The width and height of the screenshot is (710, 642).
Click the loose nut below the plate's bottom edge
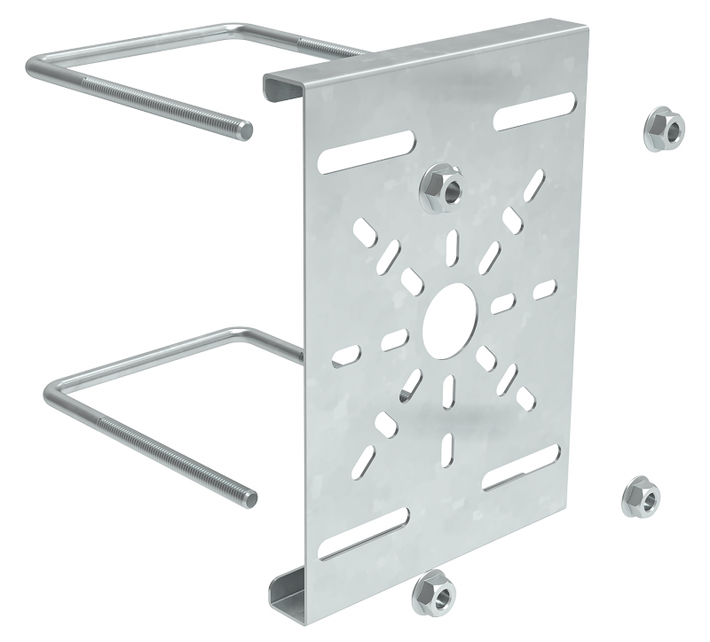(x=434, y=590)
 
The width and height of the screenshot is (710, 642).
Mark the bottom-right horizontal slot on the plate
(x=520, y=475)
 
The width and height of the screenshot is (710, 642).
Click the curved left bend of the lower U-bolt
(x=53, y=390)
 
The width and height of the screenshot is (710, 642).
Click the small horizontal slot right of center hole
(x=505, y=296)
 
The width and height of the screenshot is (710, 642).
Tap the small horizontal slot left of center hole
(x=396, y=337)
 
